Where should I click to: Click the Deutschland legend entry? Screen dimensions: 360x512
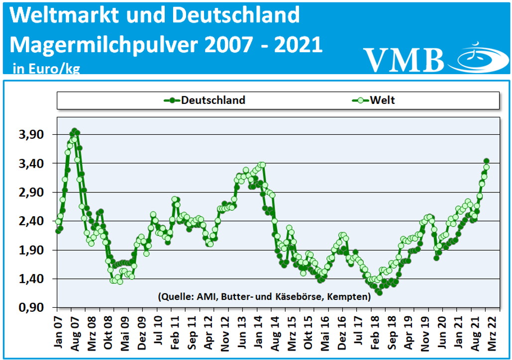[205, 100]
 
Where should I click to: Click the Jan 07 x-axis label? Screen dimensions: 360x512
[58, 330]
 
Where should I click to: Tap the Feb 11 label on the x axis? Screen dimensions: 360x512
[175, 330]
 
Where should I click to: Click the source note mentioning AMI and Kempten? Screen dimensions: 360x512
[264, 297]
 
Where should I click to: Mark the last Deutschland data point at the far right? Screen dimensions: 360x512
[486, 161]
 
